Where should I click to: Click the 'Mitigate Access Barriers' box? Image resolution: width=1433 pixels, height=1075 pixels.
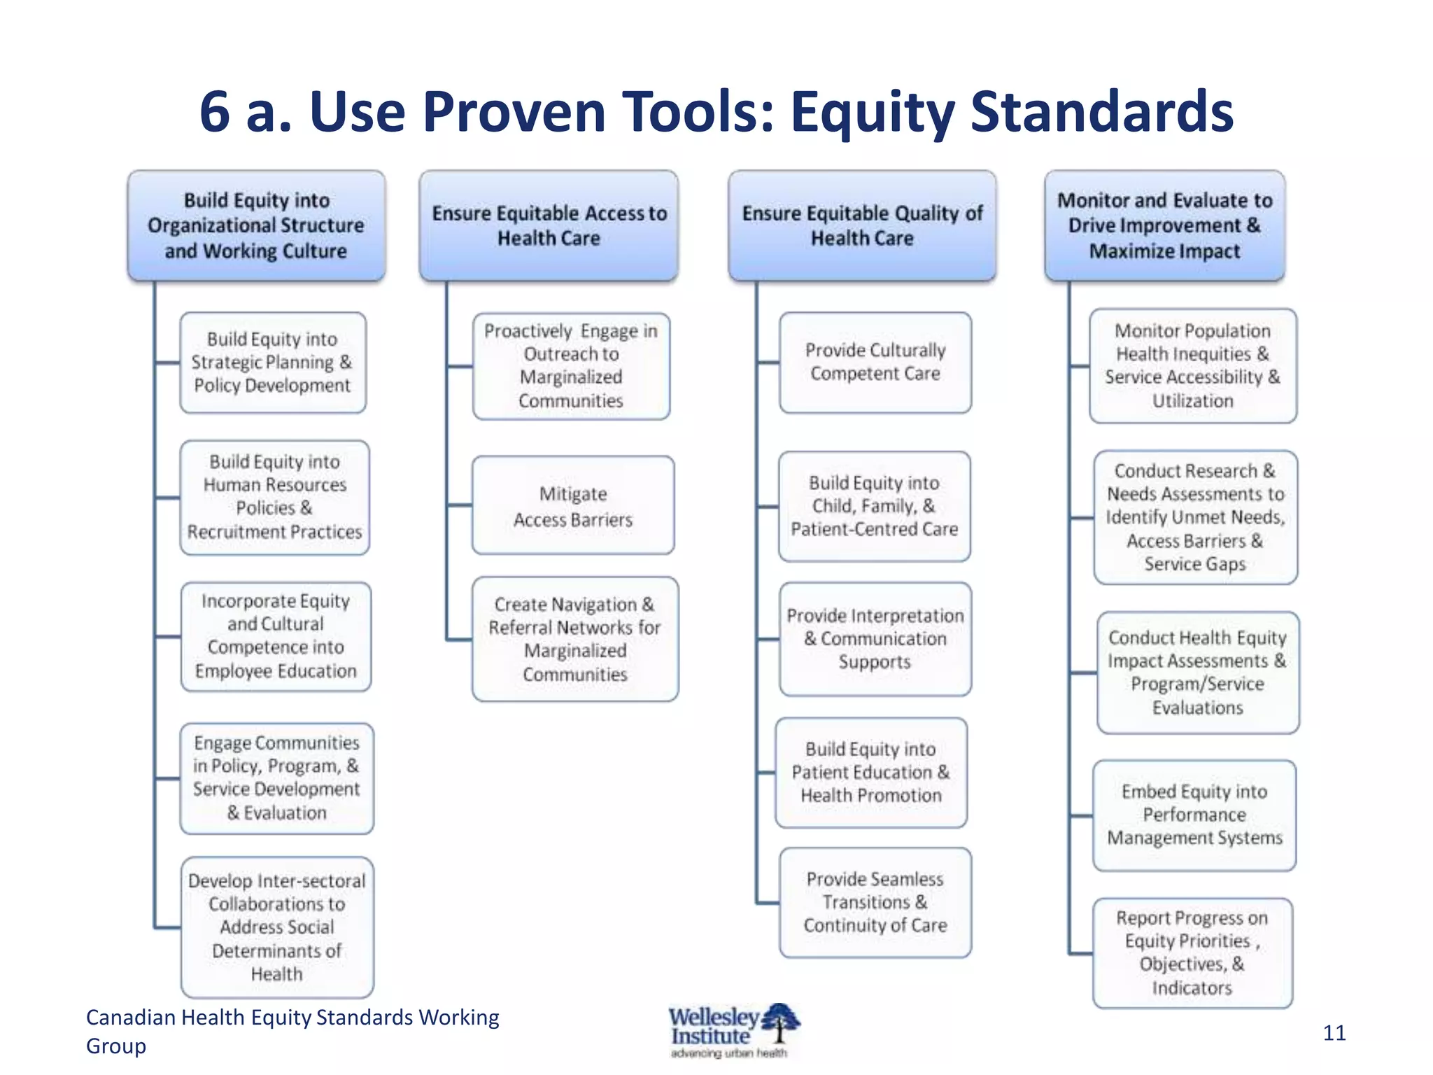point(572,505)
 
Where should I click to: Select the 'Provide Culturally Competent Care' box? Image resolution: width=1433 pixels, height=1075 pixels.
point(875,362)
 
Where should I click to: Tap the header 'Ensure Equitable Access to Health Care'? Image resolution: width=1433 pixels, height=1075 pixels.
point(549,225)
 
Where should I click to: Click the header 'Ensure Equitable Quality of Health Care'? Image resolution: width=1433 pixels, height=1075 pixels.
point(861,225)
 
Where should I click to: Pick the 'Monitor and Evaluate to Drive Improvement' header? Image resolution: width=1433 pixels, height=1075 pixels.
point(1164,225)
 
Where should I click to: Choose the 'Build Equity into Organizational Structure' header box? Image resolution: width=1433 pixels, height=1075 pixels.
point(256,225)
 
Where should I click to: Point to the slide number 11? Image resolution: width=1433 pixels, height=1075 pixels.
point(1334,1033)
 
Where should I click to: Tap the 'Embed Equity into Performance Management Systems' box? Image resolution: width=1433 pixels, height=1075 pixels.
point(1194,815)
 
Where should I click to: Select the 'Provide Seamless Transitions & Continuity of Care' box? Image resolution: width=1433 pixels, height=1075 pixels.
point(875,902)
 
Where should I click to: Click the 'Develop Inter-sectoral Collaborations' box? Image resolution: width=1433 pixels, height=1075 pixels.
point(276,927)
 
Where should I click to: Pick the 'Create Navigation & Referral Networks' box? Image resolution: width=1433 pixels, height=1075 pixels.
point(574,639)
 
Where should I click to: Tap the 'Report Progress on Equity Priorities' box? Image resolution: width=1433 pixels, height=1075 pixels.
point(1192,953)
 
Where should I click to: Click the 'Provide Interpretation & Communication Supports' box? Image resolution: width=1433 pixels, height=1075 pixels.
point(875,638)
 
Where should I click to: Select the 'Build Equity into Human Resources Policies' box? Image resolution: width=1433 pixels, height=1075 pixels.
point(274,497)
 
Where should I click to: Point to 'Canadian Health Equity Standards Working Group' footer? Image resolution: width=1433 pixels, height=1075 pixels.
point(292,1030)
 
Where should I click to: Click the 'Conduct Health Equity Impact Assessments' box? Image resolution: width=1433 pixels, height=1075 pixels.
point(1197,673)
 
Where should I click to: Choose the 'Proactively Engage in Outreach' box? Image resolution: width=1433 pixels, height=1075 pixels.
point(570,365)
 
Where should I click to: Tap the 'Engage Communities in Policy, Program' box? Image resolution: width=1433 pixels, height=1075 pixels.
point(276,778)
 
